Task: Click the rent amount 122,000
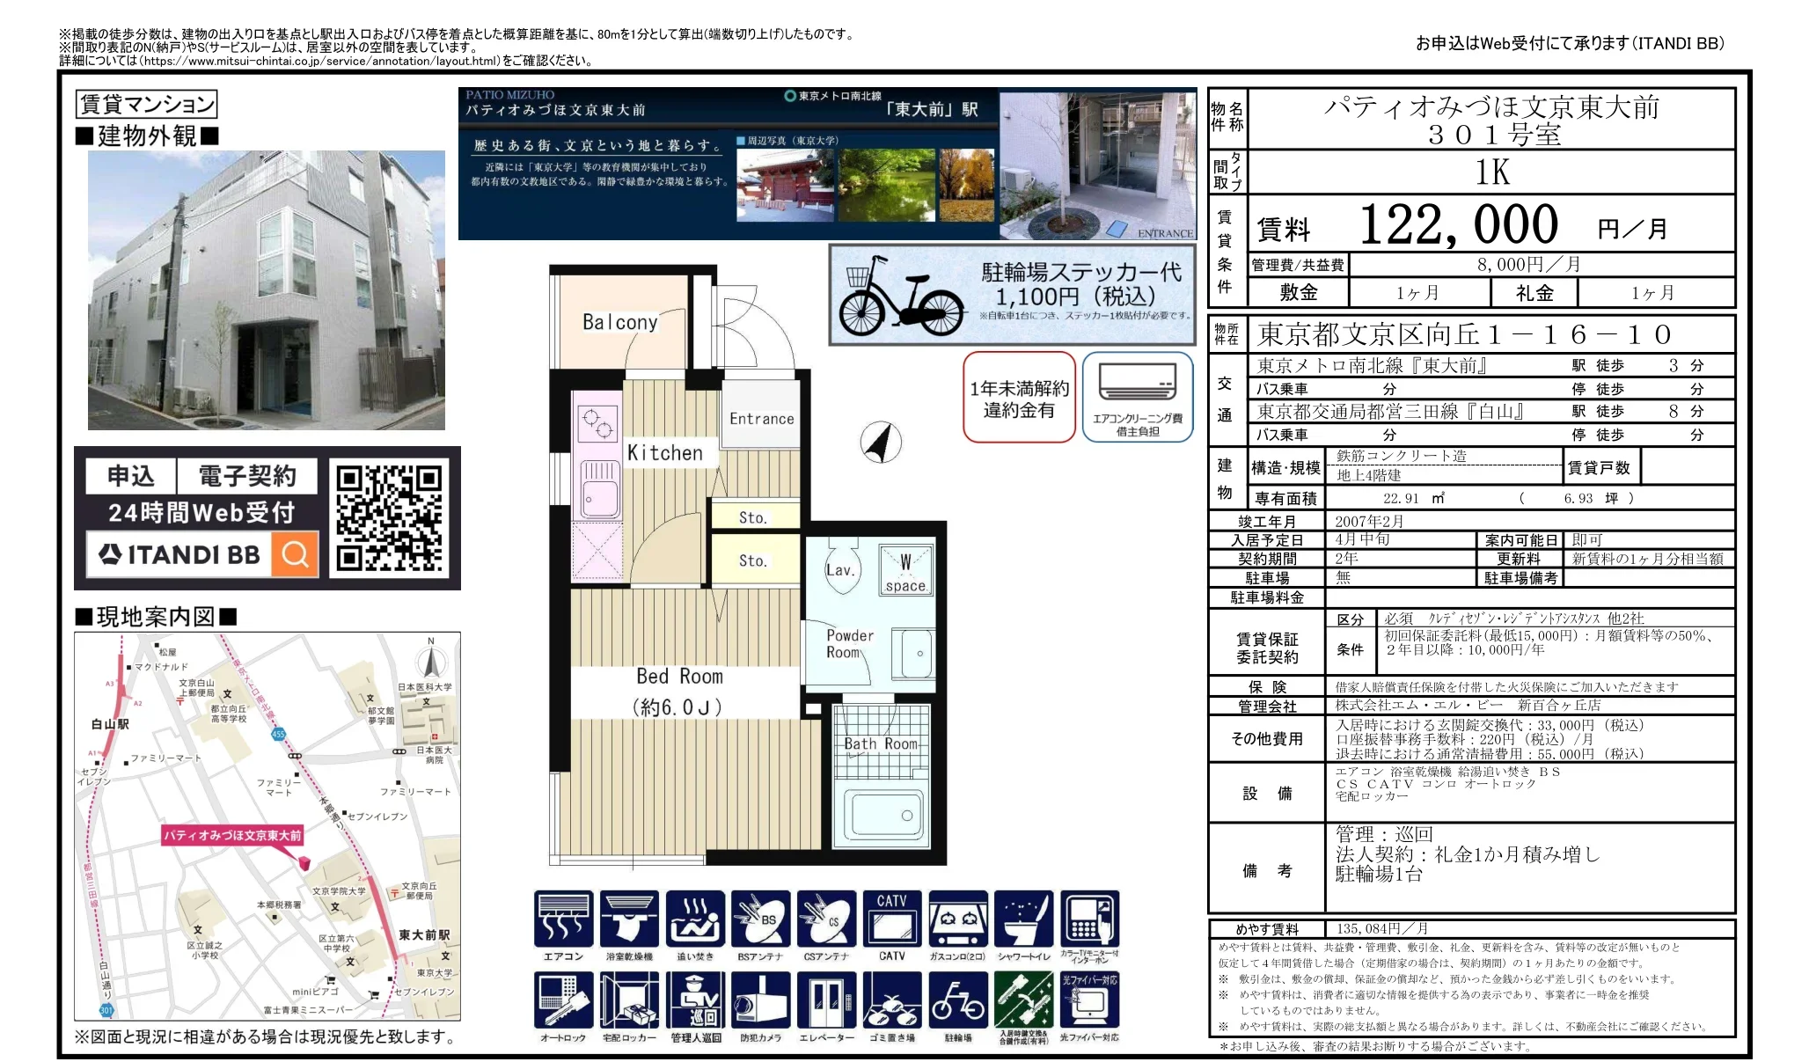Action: tap(1458, 225)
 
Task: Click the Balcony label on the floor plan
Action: tap(619, 322)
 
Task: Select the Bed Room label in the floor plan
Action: tap(679, 677)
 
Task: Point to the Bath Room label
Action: tap(880, 743)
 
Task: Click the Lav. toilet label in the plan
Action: tap(839, 570)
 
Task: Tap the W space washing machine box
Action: tap(905, 571)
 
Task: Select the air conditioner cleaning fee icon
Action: tap(1137, 397)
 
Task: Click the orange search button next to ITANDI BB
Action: tap(295, 554)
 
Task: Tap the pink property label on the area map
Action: tap(233, 835)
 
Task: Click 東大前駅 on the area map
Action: tap(423, 934)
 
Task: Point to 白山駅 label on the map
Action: tap(110, 723)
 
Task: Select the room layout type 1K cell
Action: tap(1491, 172)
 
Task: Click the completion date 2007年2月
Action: tap(1369, 521)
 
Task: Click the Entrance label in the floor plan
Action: tap(761, 419)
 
